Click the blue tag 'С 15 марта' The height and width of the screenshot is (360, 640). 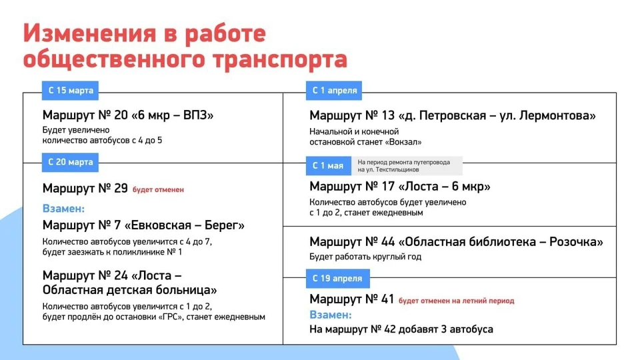[70, 91]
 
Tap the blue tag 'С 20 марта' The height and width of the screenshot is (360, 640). [70, 163]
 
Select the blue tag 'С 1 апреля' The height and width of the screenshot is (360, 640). [334, 91]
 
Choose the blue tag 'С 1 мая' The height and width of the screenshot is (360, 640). [328, 166]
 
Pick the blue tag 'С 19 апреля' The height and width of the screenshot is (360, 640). [337, 279]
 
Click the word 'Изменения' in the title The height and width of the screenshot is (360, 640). [89, 33]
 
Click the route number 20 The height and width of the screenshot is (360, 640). [121, 115]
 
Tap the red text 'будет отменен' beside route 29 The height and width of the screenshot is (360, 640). [159, 190]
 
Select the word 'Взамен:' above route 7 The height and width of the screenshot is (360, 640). [63, 209]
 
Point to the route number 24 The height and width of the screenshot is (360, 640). [121, 275]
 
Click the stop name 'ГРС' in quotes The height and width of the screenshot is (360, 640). [171, 317]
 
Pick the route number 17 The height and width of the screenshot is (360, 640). [388, 187]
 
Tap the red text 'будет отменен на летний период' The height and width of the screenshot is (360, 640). [456, 301]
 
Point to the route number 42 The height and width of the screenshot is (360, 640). [390, 329]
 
